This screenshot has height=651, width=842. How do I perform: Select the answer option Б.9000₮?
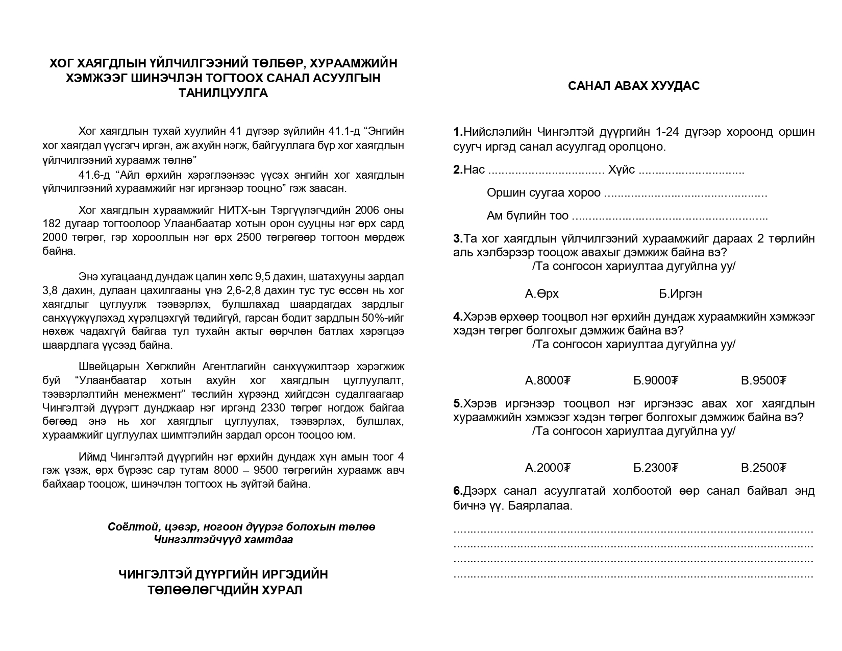(x=656, y=380)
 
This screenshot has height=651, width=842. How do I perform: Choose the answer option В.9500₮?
(x=763, y=380)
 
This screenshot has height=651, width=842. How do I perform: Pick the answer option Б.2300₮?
(x=656, y=468)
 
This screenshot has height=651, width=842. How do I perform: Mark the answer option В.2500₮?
(x=763, y=468)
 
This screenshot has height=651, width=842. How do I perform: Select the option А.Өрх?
(x=541, y=294)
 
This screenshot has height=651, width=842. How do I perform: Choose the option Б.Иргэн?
(x=680, y=294)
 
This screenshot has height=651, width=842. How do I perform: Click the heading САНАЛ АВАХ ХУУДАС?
(x=634, y=86)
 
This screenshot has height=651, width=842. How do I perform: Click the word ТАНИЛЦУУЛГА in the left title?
(x=223, y=93)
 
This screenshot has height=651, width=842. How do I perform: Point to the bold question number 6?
(x=457, y=491)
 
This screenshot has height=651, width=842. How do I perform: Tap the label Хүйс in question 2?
(x=622, y=170)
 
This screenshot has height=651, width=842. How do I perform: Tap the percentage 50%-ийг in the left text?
(x=378, y=318)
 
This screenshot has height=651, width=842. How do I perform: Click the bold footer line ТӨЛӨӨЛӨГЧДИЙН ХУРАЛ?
(x=225, y=590)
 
